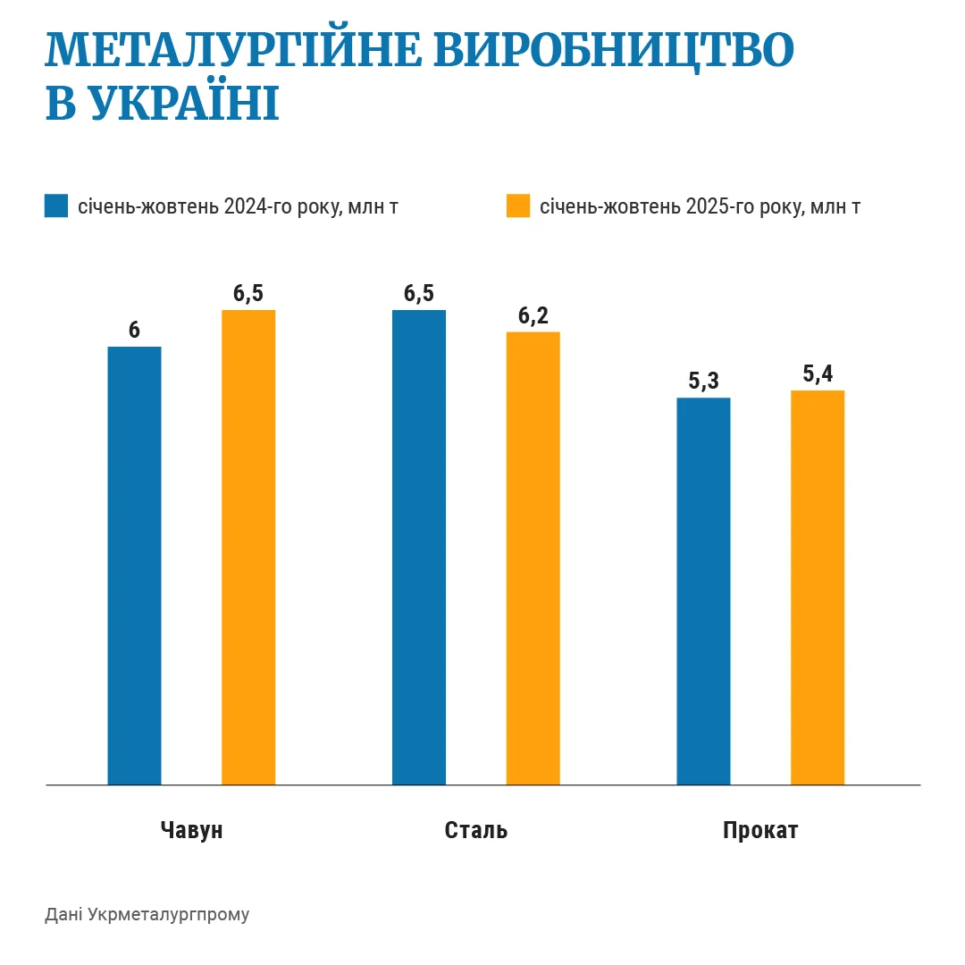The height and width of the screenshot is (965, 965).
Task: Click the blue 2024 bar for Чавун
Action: click(134, 565)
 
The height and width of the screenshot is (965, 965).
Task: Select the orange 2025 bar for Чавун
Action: click(248, 547)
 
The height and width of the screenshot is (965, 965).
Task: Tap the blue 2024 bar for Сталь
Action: click(419, 547)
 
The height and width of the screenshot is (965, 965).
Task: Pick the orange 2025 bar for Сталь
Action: click(533, 558)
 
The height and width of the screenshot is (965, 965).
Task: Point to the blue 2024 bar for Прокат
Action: click(703, 591)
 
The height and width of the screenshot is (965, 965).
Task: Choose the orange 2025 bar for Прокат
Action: click(818, 587)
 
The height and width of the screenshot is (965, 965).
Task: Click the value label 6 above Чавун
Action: click(134, 330)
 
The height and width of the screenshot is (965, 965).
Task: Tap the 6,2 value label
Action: click(533, 315)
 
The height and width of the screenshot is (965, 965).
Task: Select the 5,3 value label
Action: click(703, 382)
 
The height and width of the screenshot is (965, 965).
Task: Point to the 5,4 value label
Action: click(818, 374)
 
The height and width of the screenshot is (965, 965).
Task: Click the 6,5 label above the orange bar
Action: click(248, 294)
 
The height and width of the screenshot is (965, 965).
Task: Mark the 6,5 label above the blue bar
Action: click(419, 294)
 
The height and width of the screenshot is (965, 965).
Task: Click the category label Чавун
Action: click(192, 830)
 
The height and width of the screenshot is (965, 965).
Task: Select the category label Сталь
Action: click(476, 830)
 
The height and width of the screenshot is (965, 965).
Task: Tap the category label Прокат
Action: click(760, 830)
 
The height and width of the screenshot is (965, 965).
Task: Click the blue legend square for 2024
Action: click(56, 206)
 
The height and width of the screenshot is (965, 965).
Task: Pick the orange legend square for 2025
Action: click(518, 206)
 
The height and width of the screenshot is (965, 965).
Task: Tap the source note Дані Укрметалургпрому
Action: click(147, 915)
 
